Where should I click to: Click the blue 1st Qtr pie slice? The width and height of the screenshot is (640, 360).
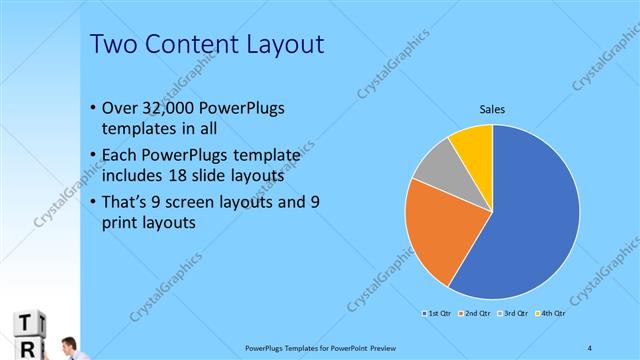click(530, 220)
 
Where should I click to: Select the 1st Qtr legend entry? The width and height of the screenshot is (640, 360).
click(436, 314)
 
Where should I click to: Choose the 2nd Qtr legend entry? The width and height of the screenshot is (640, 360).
click(474, 314)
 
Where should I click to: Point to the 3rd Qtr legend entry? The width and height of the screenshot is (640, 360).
click(512, 314)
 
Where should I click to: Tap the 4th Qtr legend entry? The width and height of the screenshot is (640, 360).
click(550, 314)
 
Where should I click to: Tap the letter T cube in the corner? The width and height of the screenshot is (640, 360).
click(27, 322)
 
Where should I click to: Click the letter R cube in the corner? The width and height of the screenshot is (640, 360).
click(27, 348)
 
